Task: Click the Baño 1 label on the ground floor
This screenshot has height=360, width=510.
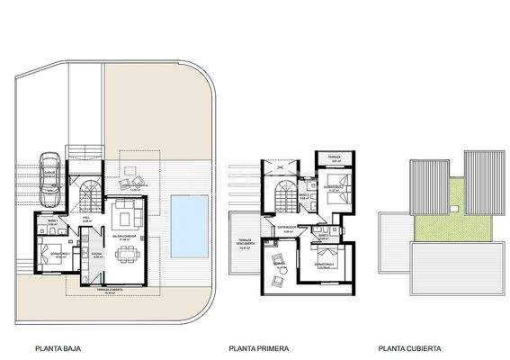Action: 53,221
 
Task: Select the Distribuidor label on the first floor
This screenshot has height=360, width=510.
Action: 290,229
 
